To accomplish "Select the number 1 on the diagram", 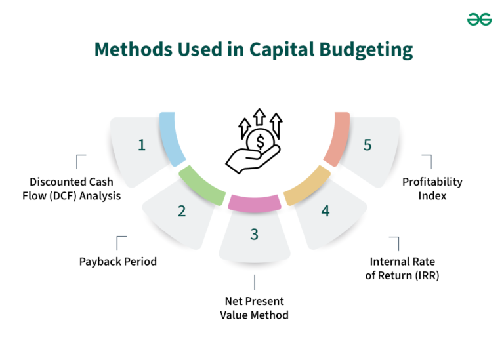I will pyautogui.click(x=142, y=145).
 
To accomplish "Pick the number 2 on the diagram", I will pyautogui.click(x=182, y=210).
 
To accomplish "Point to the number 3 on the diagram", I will pyautogui.click(x=255, y=234).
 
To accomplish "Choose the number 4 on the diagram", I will pyautogui.click(x=325, y=210).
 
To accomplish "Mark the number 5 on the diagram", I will pyautogui.click(x=367, y=145).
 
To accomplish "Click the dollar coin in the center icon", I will pyautogui.click(x=261, y=141).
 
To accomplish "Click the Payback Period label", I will pyautogui.click(x=118, y=261).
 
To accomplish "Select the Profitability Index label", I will pyautogui.click(x=432, y=188).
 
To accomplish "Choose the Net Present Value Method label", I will pyautogui.click(x=255, y=308).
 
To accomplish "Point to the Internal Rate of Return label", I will pyautogui.click(x=402, y=269).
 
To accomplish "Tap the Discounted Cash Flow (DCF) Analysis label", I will pyautogui.click(x=75, y=188).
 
